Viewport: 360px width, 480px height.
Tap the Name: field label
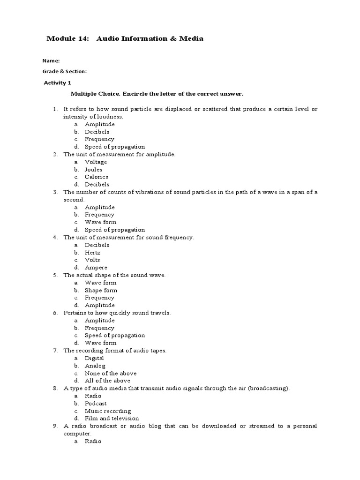point(51,61)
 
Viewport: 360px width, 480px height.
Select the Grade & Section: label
point(65,71)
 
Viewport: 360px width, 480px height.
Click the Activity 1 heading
point(57,82)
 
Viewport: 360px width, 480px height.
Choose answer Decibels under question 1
point(97,132)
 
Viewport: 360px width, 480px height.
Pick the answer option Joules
point(93,169)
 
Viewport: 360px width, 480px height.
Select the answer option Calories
point(96,177)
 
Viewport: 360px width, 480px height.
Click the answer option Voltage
point(96,162)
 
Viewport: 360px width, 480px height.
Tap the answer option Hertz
point(92,252)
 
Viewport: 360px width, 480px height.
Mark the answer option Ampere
point(96,267)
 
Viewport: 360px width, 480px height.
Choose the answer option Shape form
point(100,290)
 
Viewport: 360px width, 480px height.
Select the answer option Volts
point(92,260)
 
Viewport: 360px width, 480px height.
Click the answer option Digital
point(94,358)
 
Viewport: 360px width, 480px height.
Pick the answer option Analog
point(95,366)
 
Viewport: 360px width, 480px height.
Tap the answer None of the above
point(111,373)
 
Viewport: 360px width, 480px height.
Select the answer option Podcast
point(96,403)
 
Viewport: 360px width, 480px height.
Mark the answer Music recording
point(108,411)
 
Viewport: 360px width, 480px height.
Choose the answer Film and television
point(112,419)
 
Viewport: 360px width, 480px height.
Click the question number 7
point(55,350)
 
